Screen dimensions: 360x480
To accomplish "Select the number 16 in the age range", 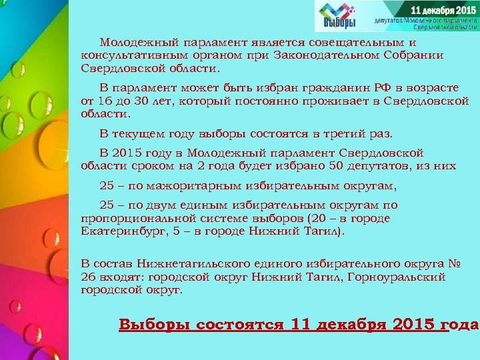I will (x=103, y=101).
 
